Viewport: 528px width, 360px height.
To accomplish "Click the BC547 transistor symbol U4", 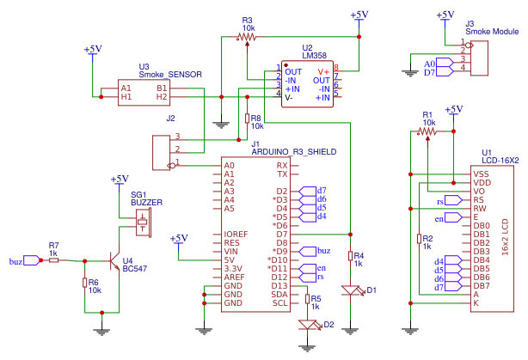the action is point(114,261).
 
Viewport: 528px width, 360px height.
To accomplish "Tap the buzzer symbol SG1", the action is point(144,223).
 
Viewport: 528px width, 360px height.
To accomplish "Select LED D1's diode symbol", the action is point(352,290).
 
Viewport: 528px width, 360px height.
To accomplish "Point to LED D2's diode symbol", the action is point(309,325).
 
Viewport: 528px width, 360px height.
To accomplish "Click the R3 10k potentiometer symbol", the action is point(247,37).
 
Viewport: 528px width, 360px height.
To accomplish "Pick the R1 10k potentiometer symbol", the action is point(427,131).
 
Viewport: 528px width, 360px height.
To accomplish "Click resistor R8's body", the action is point(247,119).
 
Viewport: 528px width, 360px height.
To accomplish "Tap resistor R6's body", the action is point(85,283).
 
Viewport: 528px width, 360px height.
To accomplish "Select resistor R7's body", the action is point(54,260).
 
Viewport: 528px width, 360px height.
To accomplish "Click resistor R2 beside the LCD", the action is point(420,239).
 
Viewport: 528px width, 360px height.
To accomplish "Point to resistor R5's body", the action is point(307,299).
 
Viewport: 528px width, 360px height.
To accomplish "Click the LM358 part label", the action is point(314,56).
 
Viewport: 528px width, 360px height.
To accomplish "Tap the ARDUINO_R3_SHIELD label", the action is point(294,152).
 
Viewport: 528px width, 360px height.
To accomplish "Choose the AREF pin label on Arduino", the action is point(235,278).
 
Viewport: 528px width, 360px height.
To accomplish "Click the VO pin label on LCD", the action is point(479,192).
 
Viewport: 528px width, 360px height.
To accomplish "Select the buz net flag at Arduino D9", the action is point(315,252).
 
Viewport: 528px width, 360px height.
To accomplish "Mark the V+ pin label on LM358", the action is point(323,72).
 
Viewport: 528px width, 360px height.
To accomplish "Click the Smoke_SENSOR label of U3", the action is point(170,75).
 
